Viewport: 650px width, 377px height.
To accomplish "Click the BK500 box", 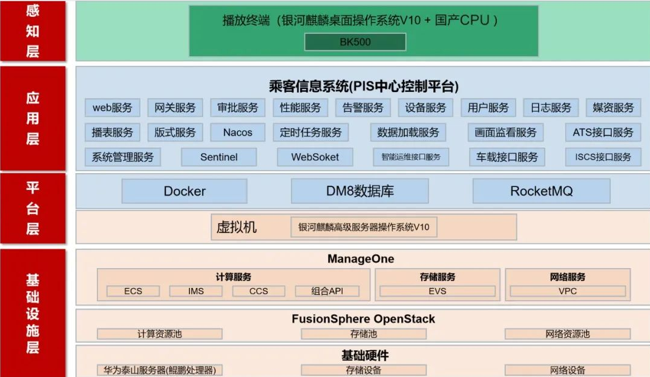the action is (355, 42).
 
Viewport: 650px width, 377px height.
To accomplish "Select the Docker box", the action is (185, 191).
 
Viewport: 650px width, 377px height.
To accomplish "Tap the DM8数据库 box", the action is (360, 191).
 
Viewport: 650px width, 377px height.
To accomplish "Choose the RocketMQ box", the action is (542, 191).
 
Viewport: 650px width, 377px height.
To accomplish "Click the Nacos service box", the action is (237, 133).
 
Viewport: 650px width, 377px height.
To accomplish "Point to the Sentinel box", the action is (219, 157).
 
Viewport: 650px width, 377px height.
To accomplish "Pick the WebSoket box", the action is (315, 157).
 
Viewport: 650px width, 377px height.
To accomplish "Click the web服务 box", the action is (113, 108).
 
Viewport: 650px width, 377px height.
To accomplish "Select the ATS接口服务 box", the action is (603, 133).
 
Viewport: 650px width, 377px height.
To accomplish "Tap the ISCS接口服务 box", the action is (603, 157).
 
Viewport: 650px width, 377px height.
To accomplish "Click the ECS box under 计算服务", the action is (133, 291).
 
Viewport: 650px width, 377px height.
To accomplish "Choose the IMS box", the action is (195, 291).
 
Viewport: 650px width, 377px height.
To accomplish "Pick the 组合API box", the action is (327, 291).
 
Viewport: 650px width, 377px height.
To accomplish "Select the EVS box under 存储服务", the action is (438, 291).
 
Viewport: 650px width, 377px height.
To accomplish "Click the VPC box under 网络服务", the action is (568, 291).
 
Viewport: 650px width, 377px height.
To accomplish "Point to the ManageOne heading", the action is (361, 259).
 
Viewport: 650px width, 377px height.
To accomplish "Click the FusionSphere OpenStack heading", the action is (363, 319).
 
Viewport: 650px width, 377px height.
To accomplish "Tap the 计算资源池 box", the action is (160, 334).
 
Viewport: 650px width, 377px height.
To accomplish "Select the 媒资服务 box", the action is (614, 108).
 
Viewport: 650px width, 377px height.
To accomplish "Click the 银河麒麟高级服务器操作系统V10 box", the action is (364, 227).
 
